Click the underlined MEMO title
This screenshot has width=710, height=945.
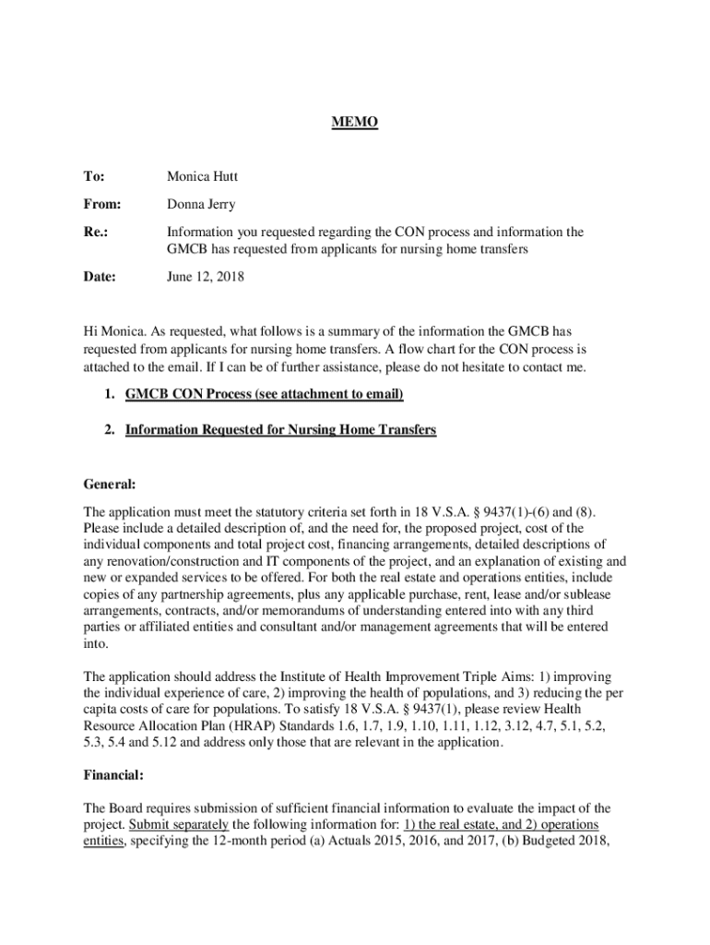coord(355,123)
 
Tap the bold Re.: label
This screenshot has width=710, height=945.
coord(96,233)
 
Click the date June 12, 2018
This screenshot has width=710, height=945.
coord(206,276)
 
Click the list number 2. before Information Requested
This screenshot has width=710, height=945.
coord(110,429)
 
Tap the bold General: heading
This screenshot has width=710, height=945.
coord(110,484)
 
